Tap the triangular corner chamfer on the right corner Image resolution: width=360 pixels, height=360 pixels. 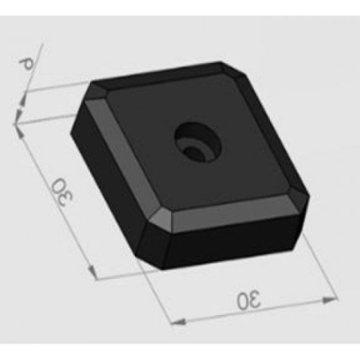coord(300,198)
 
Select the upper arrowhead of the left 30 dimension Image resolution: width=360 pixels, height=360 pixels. coord(18,128)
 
